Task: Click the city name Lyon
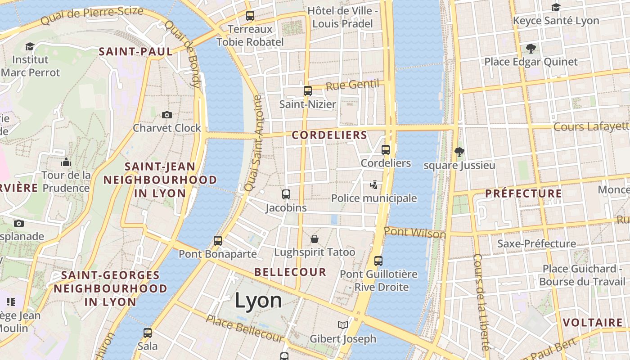[x=258, y=301]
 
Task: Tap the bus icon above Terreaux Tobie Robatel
[x=250, y=16]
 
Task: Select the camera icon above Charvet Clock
[x=167, y=115]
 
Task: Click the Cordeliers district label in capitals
[x=329, y=135]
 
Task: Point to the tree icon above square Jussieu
[x=459, y=152]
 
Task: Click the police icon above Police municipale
[x=373, y=184]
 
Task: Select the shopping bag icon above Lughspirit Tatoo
[x=315, y=238]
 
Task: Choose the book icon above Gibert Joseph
[x=343, y=325]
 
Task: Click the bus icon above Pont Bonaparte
[x=218, y=240]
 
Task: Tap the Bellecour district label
[x=290, y=272]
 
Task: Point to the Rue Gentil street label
[x=352, y=85]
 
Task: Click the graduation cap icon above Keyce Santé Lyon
[x=556, y=7]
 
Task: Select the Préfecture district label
[x=523, y=193]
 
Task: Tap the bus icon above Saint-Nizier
[x=308, y=90]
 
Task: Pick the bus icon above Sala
[x=148, y=333]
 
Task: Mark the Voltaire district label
[x=593, y=323]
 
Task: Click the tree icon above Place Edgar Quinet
[x=531, y=48]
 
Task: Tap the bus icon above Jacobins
[x=286, y=194]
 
